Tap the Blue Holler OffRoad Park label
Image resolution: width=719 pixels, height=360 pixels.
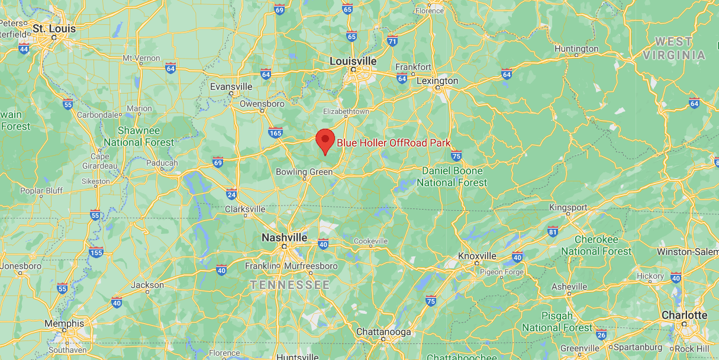[394, 143]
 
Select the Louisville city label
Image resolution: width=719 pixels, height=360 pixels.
[353, 61]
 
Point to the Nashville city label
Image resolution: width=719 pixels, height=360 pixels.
[284, 237]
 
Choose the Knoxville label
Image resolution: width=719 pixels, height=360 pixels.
[477, 256]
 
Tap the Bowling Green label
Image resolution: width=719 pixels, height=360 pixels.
[304, 172]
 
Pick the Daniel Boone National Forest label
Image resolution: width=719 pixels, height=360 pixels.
[452, 176]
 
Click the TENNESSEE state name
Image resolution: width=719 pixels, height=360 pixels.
[289, 285]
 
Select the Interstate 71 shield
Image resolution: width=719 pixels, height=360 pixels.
[392, 41]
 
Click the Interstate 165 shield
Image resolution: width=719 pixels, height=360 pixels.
[275, 132]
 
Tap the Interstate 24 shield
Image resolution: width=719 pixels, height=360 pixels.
[231, 194]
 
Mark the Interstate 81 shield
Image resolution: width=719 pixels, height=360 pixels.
[553, 231]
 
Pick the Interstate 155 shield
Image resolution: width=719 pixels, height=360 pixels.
[96, 252]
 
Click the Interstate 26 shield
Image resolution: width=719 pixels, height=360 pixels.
[601, 335]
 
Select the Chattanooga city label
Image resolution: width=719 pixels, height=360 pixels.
[383, 332]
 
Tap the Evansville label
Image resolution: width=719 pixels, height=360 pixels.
[231, 86]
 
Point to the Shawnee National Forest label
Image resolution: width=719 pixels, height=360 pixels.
[139, 136]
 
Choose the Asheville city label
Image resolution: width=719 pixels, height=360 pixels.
[569, 287]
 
